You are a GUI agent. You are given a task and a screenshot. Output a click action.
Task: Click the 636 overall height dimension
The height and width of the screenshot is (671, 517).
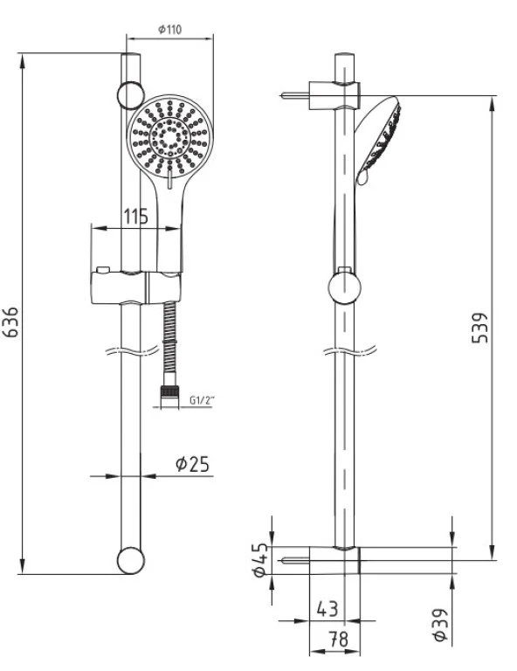pyautogui.click(x=10, y=323)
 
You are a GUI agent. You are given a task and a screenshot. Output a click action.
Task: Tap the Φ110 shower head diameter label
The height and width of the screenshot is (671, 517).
pyautogui.click(x=169, y=30)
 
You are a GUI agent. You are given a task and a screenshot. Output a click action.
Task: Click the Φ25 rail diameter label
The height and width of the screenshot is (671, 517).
pyautogui.click(x=192, y=464)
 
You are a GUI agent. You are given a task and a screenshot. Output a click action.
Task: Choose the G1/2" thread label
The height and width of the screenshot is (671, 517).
pyautogui.click(x=202, y=400)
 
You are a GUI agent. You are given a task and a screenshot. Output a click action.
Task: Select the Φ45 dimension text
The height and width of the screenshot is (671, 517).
pyautogui.click(x=258, y=560)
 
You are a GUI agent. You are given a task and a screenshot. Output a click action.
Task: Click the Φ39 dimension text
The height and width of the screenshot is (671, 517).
pyautogui.click(x=441, y=626)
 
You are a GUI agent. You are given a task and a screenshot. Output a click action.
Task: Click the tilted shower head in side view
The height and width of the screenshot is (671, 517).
pyautogui.click(x=378, y=140)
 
